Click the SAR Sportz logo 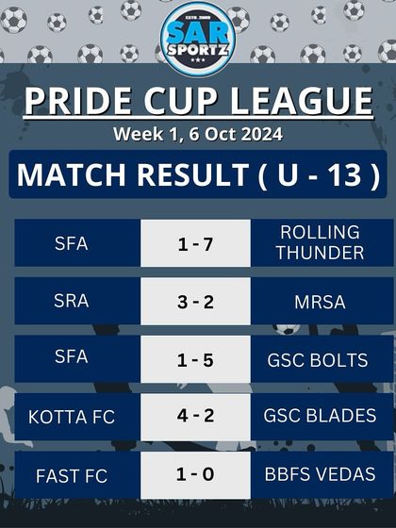coord(198,38)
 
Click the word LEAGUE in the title coord(305,101)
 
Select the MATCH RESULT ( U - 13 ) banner coord(198,175)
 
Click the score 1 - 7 coord(195,243)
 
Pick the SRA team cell coord(72,301)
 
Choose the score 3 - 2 coord(195,301)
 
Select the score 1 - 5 coord(195,359)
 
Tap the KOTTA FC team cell coord(72,417)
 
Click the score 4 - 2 coord(195,417)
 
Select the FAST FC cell coord(72,475)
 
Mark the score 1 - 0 coord(195,475)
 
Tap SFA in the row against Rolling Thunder coord(72,243)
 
